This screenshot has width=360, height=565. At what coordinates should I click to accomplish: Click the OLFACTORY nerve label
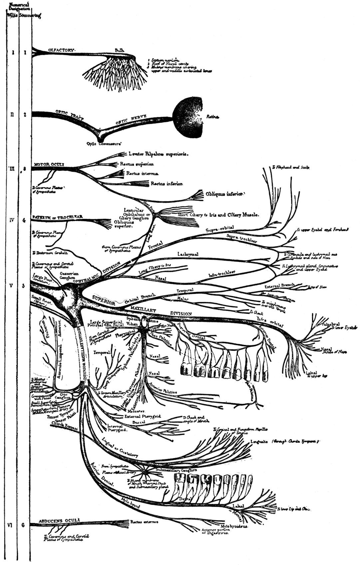pos(61,50)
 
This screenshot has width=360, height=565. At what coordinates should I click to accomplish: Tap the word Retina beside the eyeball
pos(212,117)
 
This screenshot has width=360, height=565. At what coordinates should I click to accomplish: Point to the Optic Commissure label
pos(104,144)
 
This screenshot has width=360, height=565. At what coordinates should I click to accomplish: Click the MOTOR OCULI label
pos(49,164)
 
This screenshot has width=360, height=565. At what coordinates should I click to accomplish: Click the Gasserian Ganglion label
pos(69,275)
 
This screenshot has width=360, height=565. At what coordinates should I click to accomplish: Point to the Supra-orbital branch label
pos(219,229)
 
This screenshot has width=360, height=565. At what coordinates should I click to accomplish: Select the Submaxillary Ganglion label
pos(177,470)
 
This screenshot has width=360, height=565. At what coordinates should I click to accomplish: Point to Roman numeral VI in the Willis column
pos(10,525)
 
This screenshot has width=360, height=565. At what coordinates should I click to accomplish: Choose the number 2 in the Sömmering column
pos(25,115)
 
